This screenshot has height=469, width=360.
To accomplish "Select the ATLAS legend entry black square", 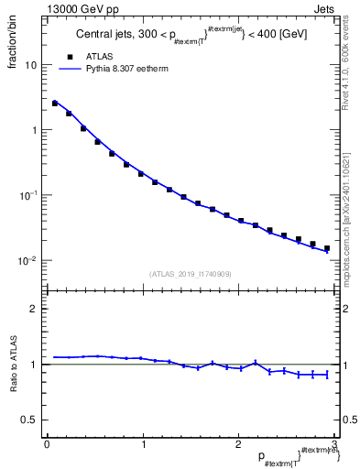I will (x=65, y=56).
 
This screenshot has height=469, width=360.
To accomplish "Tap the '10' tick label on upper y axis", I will (x=30, y=66).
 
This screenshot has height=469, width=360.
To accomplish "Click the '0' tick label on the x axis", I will (x=47, y=444).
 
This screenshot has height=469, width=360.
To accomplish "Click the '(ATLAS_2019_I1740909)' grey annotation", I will (x=190, y=274).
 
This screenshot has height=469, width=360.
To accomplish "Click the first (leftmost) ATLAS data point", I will (x=55, y=104).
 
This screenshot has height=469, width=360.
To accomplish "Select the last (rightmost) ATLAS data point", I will (x=326, y=248).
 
